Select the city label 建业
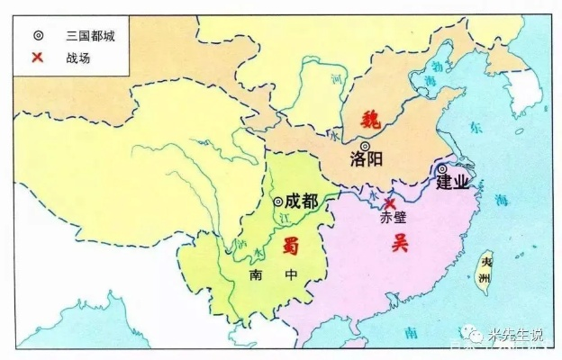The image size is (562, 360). [x=453, y=183]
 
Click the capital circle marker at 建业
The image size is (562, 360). [x=442, y=168]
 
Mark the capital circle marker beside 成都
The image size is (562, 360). [x=278, y=202]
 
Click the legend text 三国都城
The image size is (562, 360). [x=90, y=37]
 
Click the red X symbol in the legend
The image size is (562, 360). [x=37, y=58]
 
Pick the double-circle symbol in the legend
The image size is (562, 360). [x=37, y=37]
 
